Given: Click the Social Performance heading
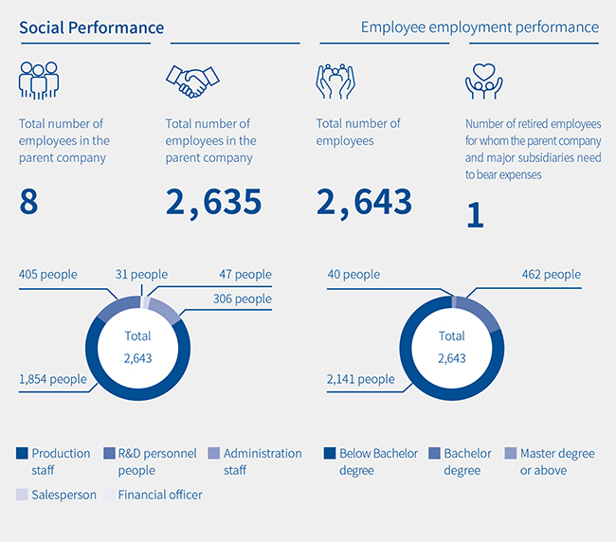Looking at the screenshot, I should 92,27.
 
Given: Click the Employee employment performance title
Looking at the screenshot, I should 480,27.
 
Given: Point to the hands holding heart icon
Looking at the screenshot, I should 483,81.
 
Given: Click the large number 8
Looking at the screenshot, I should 28,202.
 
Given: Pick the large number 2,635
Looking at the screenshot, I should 213,202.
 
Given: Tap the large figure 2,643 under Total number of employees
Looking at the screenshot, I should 364,202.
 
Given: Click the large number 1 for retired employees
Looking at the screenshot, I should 475,215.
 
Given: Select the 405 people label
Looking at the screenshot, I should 48,275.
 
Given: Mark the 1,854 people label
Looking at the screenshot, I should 53,379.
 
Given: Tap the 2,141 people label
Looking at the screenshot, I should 360,379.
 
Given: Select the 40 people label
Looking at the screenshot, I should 353,275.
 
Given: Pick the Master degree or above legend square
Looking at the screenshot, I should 512,453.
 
